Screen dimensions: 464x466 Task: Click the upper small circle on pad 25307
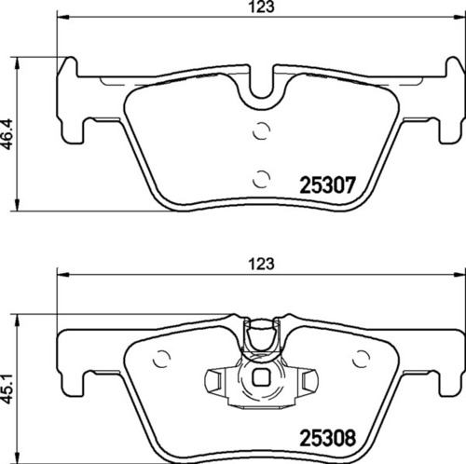[x=262, y=131]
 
